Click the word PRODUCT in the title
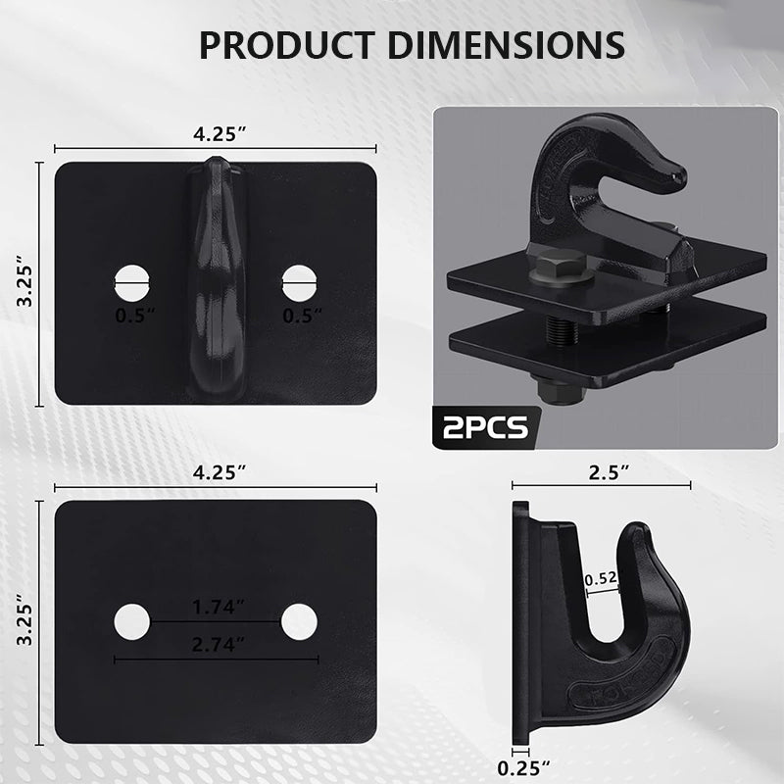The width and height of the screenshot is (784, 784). pyautogui.click(x=287, y=45)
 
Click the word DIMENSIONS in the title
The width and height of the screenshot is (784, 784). pyautogui.click(x=506, y=45)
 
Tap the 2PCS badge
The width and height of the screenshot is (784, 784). pyautogui.click(x=485, y=427)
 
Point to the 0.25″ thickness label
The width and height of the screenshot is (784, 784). pyautogui.click(x=523, y=768)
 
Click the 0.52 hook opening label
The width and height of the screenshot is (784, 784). pyautogui.click(x=601, y=578)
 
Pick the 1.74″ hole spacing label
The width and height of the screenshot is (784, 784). pyautogui.click(x=219, y=607)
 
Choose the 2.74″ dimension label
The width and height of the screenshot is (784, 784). pyautogui.click(x=219, y=645)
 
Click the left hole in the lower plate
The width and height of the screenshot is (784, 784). pyautogui.click(x=132, y=621)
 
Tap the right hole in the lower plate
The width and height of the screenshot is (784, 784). pyautogui.click(x=299, y=621)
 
